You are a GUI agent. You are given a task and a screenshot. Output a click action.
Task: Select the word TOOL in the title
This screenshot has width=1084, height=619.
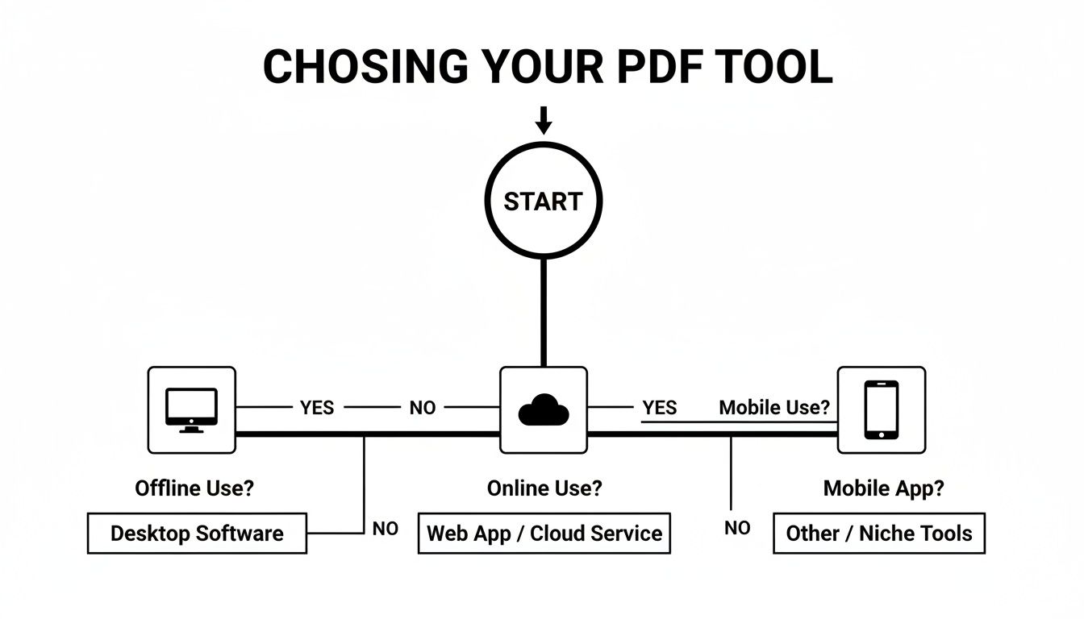[x=779, y=66]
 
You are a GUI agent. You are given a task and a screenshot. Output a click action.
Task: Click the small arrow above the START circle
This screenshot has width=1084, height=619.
[x=544, y=120]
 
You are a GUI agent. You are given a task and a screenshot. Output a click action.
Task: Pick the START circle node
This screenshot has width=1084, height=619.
[x=543, y=201]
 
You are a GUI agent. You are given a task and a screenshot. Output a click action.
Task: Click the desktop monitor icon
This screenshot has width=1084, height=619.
[x=191, y=409]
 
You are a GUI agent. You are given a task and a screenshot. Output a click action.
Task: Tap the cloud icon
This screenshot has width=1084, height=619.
[x=543, y=409]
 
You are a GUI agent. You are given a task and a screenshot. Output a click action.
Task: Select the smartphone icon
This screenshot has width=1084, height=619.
[x=881, y=409]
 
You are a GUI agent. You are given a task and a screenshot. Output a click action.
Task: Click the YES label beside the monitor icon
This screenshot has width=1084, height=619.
[x=317, y=408]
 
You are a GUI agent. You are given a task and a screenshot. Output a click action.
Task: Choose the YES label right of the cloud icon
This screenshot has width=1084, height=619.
[x=660, y=408]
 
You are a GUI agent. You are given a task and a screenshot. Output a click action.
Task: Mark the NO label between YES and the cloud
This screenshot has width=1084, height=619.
[x=423, y=408]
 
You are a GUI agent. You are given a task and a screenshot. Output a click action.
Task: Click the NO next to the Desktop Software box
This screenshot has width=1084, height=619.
[x=386, y=529]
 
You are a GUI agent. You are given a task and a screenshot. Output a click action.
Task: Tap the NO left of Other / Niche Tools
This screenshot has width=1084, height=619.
[x=737, y=529]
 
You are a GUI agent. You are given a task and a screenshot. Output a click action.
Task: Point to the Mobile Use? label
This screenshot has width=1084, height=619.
[x=774, y=408]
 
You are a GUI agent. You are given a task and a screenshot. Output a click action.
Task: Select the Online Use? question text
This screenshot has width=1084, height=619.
[x=544, y=488]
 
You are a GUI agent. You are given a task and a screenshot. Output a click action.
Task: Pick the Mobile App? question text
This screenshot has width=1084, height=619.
[x=883, y=488]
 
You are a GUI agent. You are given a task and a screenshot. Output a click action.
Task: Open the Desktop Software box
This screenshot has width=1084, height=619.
[x=197, y=533]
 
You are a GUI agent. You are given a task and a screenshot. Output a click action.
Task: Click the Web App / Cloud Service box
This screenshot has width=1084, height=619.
[x=544, y=533]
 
